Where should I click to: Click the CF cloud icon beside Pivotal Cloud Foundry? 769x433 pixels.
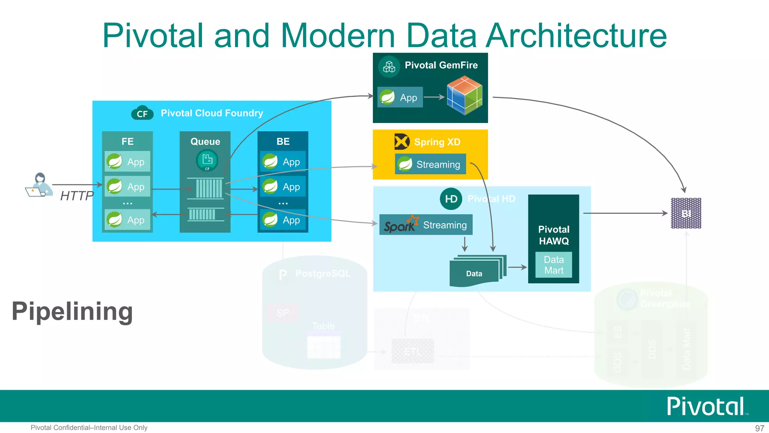click(x=142, y=113)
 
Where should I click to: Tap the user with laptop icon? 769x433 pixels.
click(x=39, y=185)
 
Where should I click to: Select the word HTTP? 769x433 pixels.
click(x=77, y=196)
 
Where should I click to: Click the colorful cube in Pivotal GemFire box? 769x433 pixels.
click(x=464, y=95)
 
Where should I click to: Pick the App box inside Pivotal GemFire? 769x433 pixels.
click(x=400, y=97)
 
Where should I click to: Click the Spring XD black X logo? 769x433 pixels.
click(x=402, y=142)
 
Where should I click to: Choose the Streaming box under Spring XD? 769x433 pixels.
click(x=430, y=164)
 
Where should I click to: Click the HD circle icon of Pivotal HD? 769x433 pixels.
click(x=451, y=199)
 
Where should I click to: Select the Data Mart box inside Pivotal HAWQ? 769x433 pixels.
click(x=553, y=265)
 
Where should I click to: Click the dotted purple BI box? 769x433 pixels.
click(x=686, y=213)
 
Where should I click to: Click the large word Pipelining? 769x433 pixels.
click(x=72, y=311)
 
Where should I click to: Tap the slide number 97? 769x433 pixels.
click(x=759, y=428)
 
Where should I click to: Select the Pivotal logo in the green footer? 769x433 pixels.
click(x=706, y=406)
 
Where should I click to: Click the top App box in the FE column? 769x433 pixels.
click(x=128, y=162)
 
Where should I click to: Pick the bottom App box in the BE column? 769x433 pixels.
click(x=283, y=220)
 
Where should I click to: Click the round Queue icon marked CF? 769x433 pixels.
click(x=207, y=160)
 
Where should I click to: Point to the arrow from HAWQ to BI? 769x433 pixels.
click(x=625, y=213)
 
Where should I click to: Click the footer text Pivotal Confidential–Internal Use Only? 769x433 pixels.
click(x=89, y=428)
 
